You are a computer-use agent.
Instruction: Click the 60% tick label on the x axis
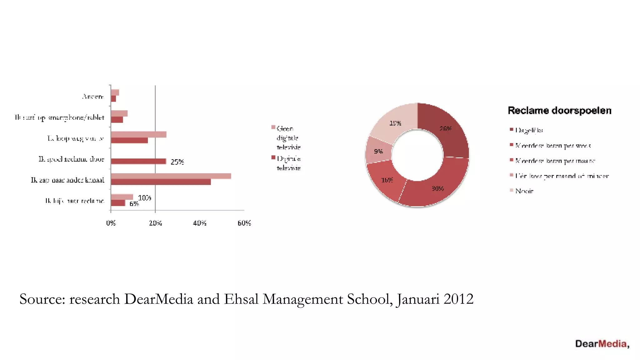[x=244, y=223]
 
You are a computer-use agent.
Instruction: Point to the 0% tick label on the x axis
[x=111, y=223]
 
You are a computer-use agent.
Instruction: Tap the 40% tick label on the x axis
[x=200, y=223]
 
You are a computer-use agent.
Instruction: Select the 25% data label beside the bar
[x=177, y=162]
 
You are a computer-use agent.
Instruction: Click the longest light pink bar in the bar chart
[x=171, y=176]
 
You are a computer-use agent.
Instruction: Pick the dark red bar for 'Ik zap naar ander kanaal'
[x=161, y=182]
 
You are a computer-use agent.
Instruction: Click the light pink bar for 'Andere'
[x=115, y=92]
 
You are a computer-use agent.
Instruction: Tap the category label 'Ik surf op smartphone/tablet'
[x=60, y=117]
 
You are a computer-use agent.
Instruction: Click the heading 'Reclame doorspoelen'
[x=559, y=111]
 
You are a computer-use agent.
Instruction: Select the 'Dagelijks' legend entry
[x=529, y=130]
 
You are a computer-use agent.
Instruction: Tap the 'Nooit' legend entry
[x=524, y=191]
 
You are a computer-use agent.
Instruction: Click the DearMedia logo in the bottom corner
[x=602, y=344]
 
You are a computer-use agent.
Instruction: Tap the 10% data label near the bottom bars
[x=144, y=198]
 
